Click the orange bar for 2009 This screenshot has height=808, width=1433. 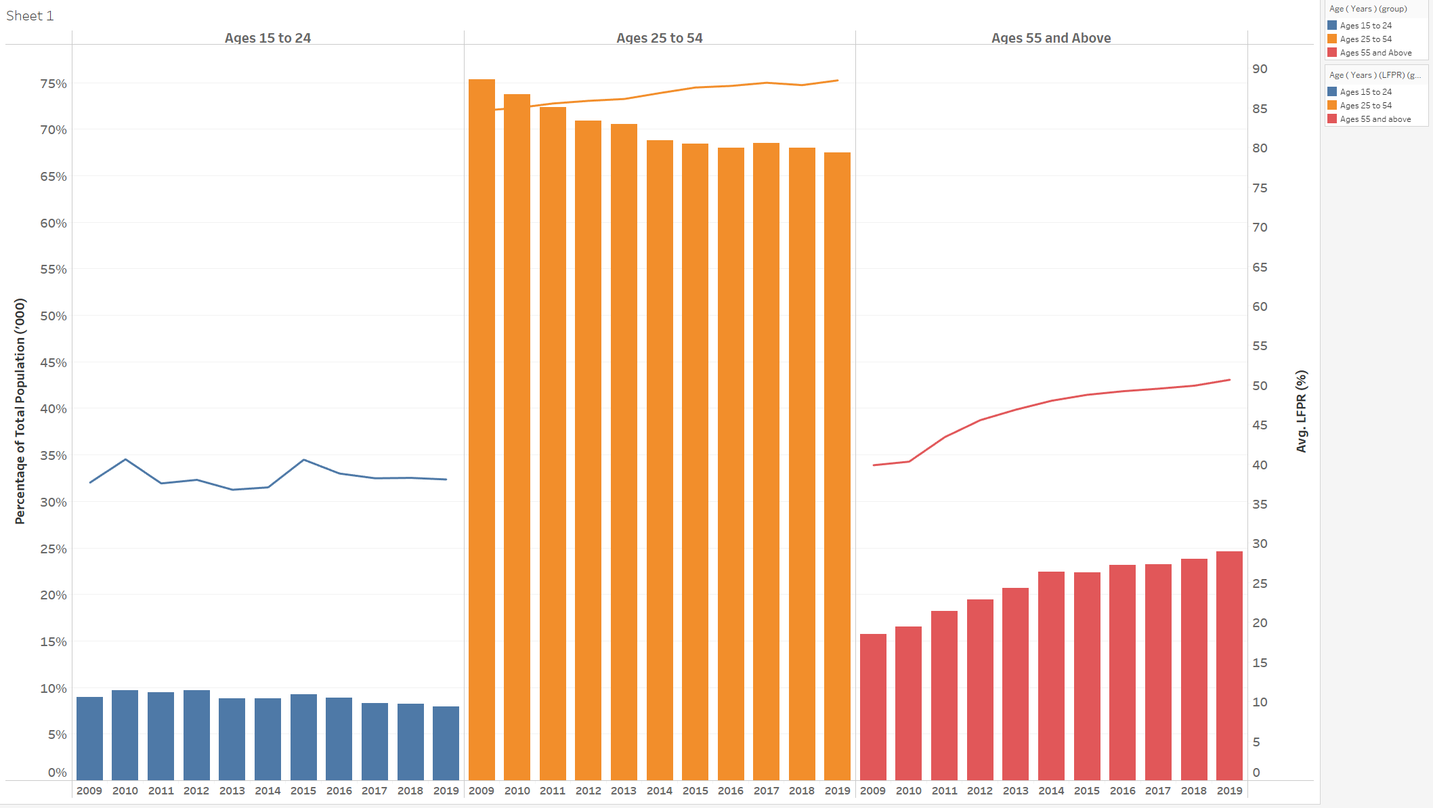482,433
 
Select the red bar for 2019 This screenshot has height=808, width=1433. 1229,667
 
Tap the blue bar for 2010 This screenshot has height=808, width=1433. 125,736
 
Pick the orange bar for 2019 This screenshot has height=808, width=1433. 837,467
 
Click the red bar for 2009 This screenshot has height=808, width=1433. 873,708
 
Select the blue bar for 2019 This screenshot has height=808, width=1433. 446,744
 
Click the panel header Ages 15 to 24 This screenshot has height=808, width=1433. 268,38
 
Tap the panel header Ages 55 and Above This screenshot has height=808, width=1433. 1050,38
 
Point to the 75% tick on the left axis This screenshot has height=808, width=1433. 54,84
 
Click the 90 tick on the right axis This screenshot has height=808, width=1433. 1260,69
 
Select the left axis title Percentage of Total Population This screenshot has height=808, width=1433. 20,411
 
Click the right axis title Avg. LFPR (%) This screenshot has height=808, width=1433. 1301,411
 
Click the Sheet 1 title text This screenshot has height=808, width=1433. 30,16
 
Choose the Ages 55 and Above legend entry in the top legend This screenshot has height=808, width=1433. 1375,53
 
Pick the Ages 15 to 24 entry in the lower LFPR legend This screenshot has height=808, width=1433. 1365,92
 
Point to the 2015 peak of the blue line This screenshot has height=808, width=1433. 304,460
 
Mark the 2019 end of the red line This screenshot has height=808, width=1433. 1229,380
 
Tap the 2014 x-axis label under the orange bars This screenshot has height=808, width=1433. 659,790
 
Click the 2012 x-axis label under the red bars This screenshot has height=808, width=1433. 979,790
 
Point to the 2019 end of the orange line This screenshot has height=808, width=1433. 838,81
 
